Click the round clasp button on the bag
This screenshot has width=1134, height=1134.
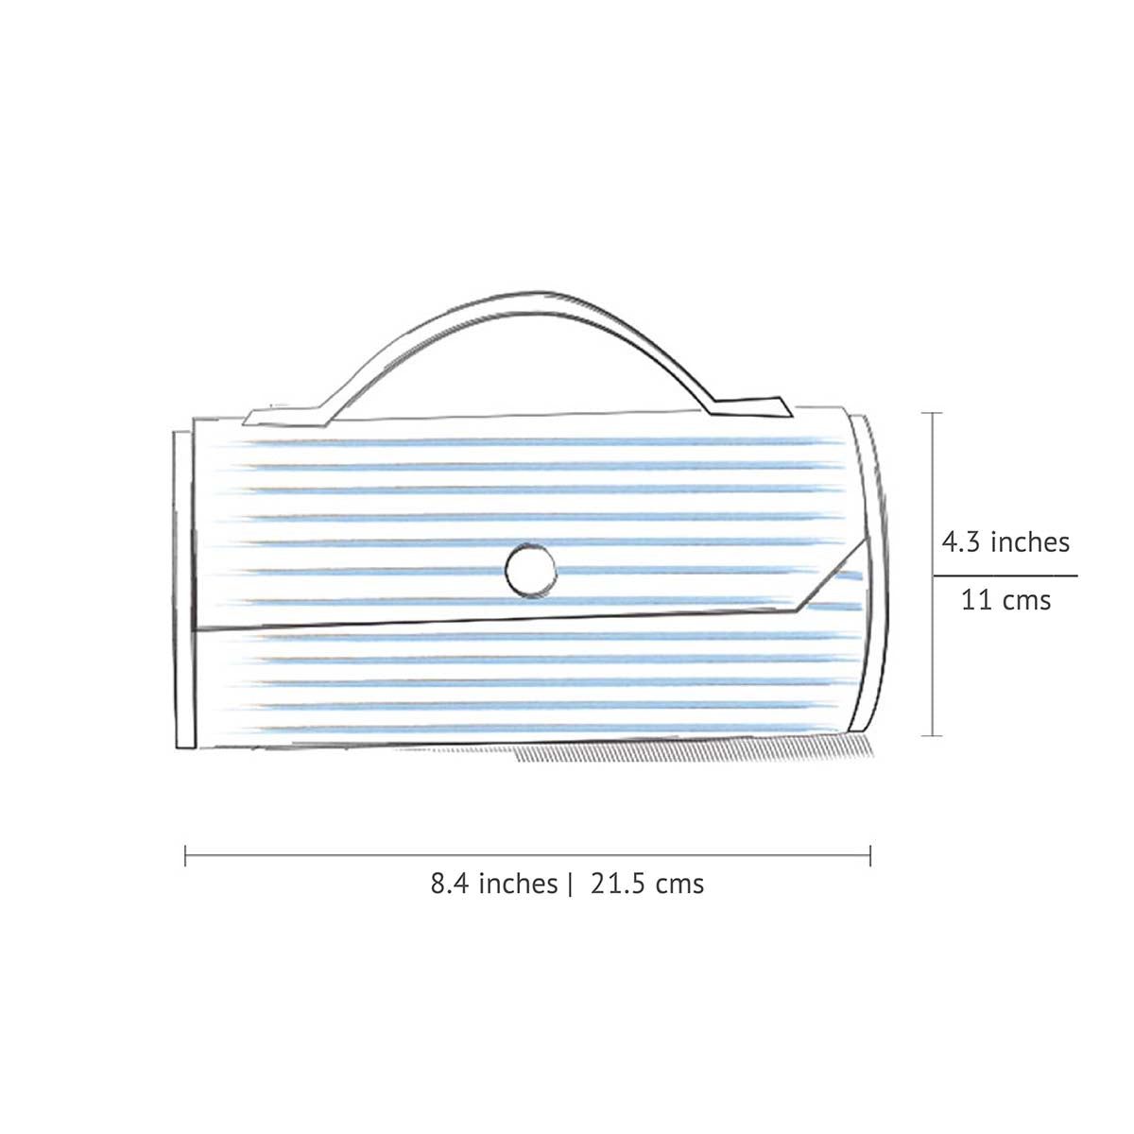(x=530, y=569)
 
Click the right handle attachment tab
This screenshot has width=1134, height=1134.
(x=751, y=407)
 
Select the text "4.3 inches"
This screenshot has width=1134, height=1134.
(x=1005, y=542)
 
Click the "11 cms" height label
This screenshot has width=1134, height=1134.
(x=1005, y=599)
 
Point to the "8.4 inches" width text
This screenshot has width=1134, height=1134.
(x=494, y=884)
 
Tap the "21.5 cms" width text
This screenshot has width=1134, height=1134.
(x=647, y=884)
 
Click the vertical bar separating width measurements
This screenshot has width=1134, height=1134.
(x=571, y=885)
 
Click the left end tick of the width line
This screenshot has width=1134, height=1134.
(x=186, y=856)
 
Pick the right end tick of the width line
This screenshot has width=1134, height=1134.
(x=869, y=856)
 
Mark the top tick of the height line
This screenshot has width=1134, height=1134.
(x=934, y=414)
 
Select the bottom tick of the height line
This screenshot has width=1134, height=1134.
(x=934, y=734)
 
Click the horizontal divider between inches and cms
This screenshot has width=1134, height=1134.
(x=1005, y=575)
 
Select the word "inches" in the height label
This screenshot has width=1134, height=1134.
(x=1031, y=542)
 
